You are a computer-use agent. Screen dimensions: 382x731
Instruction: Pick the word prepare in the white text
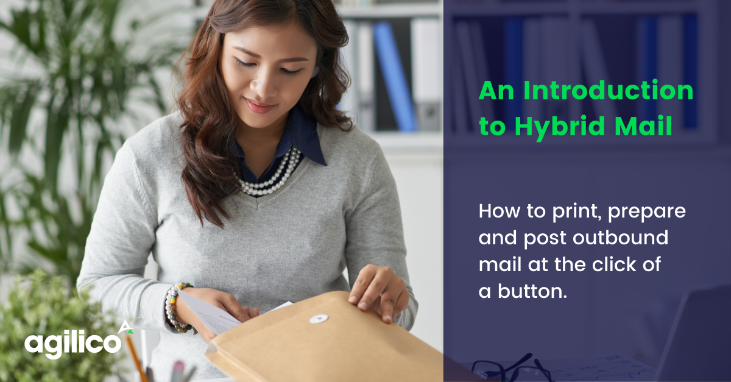(648, 212)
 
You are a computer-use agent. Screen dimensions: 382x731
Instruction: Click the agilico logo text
(72, 342)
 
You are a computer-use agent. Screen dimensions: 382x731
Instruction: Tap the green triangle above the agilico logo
(125, 328)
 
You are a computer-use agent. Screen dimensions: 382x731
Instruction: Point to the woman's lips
(261, 107)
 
